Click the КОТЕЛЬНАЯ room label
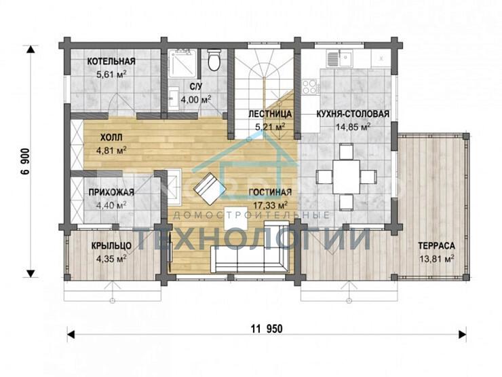[111, 61]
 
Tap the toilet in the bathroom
[214, 60]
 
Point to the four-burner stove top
[310, 86]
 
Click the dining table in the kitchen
[346, 177]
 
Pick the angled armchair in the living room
[210, 189]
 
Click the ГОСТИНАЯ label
[270, 192]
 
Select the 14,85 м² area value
[353, 127]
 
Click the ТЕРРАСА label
[436, 246]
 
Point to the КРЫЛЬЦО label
[111, 246]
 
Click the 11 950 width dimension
[267, 329]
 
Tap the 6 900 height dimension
[25, 161]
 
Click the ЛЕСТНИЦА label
[270, 114]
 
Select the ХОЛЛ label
[111, 138]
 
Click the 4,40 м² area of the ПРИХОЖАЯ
[111, 205]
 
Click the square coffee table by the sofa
[235, 218]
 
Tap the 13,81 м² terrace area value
[436, 258]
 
